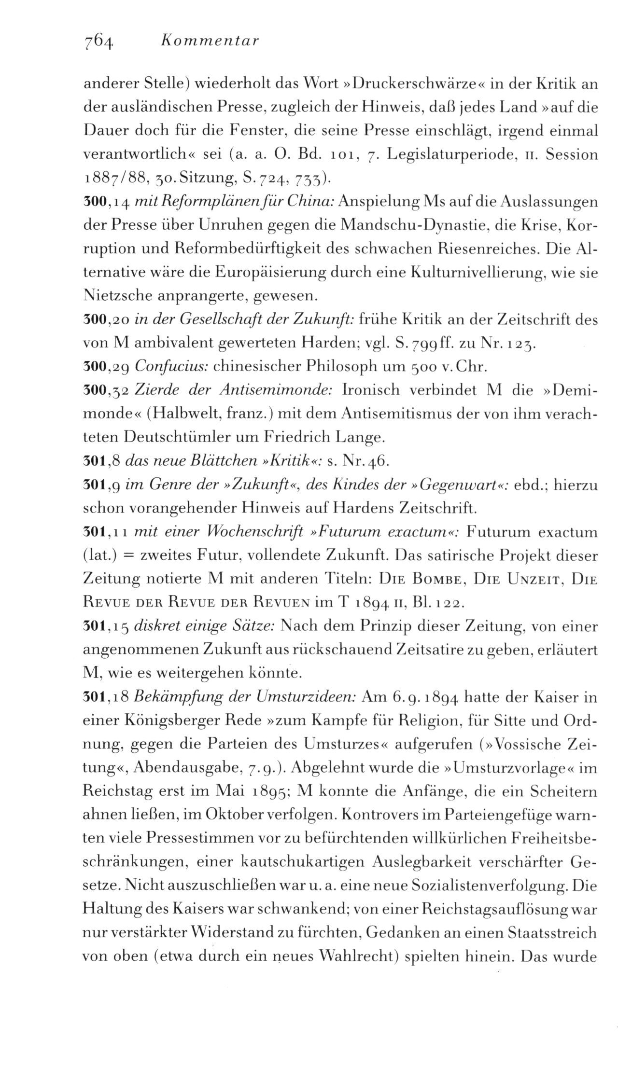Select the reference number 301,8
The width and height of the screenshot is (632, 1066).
pyautogui.click(x=101, y=462)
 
